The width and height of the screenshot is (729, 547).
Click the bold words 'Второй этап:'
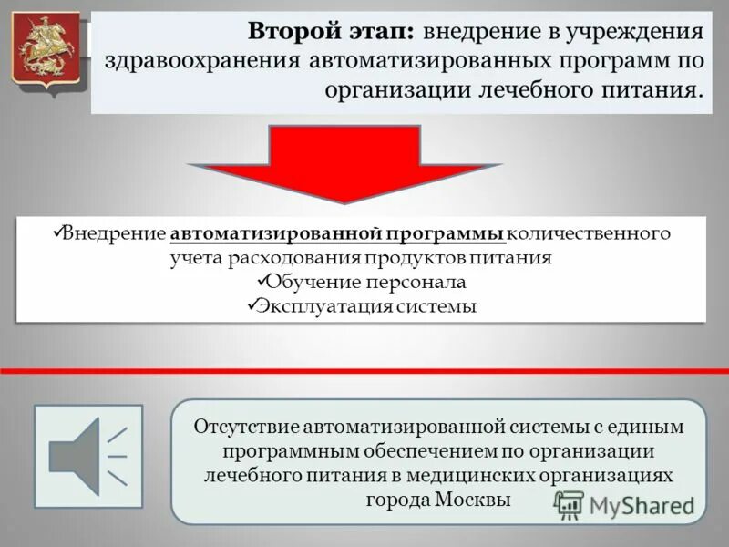(332, 33)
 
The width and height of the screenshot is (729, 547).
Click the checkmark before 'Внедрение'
(56, 232)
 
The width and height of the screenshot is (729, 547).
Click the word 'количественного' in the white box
(589, 233)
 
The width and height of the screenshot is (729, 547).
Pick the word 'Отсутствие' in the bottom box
(245, 427)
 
